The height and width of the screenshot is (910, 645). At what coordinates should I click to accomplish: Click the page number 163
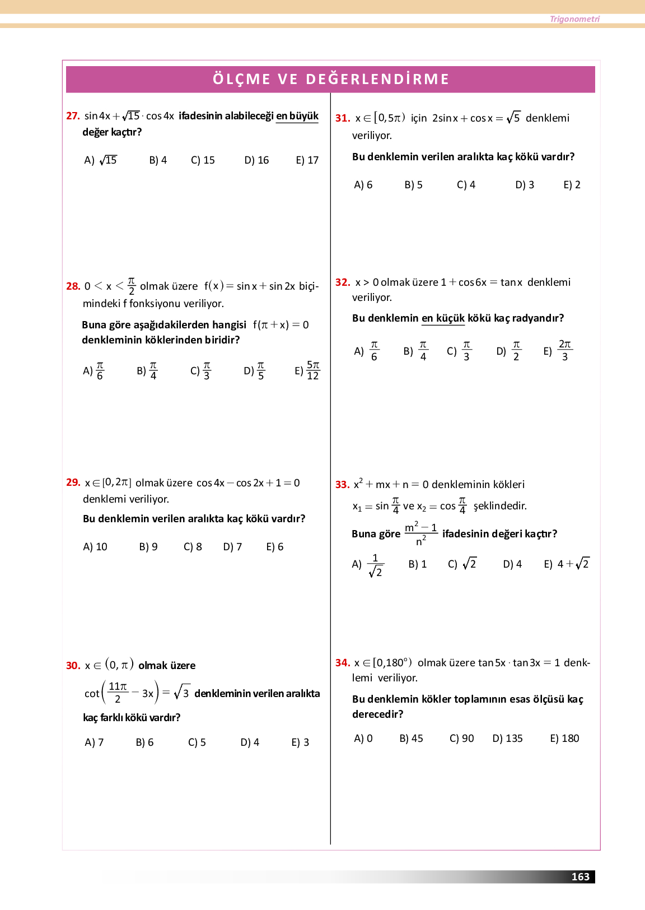[580, 876]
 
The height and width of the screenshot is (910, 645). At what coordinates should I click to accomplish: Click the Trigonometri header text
[574, 19]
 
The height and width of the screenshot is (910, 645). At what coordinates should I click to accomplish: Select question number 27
[73, 116]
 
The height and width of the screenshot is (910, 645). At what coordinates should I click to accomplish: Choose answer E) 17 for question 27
[307, 160]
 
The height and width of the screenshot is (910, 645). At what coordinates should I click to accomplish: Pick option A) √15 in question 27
[101, 160]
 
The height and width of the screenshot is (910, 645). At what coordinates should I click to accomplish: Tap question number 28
[73, 286]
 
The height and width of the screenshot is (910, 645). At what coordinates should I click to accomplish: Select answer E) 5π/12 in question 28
[307, 370]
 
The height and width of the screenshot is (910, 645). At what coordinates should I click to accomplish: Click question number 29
[73, 482]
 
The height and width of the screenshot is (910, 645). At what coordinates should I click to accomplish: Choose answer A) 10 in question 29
[95, 547]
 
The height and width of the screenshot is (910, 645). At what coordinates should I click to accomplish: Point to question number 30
[73, 666]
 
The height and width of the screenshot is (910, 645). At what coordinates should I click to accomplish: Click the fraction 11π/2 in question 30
[118, 693]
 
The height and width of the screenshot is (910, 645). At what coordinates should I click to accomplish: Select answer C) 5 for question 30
[197, 742]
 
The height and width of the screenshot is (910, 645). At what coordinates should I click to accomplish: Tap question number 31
[343, 118]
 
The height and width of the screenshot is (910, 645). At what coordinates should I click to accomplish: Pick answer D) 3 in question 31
[525, 185]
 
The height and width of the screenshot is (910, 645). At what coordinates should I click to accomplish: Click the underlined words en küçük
[443, 318]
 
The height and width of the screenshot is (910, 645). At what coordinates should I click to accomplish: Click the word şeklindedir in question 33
[500, 506]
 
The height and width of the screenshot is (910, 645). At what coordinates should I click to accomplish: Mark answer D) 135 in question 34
[507, 739]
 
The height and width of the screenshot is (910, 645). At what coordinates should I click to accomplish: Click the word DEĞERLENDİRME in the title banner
[377, 80]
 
